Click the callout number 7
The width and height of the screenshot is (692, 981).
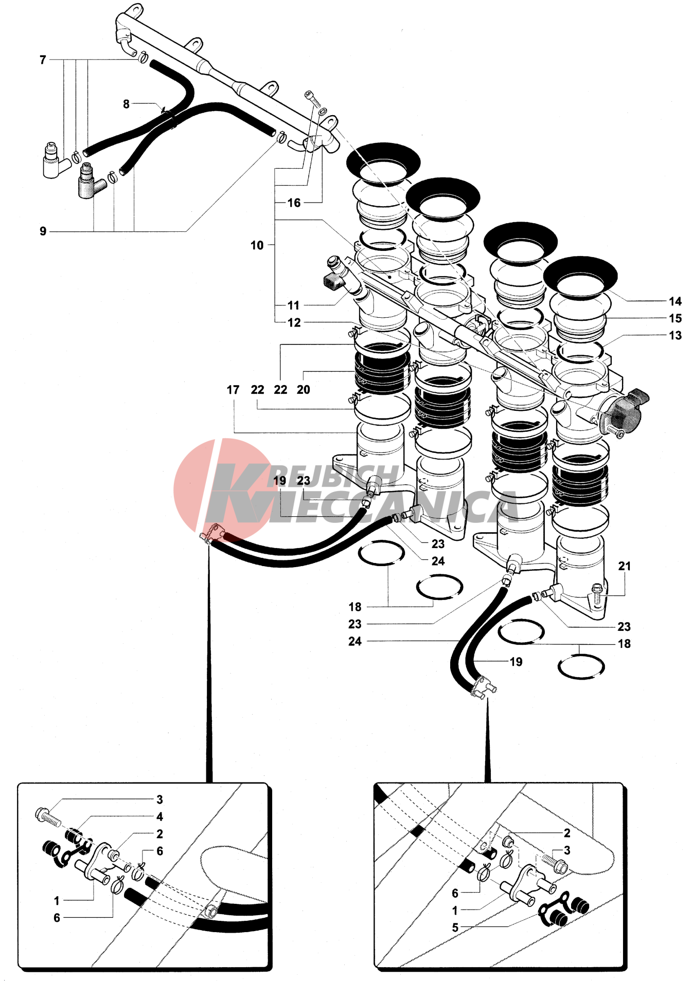(x=43, y=60)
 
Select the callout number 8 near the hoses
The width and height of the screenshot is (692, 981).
(x=126, y=104)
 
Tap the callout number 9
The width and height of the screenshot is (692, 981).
(x=43, y=231)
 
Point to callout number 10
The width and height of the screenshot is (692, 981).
(x=257, y=245)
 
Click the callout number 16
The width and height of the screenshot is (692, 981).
(x=294, y=203)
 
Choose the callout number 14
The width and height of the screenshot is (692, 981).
(x=675, y=301)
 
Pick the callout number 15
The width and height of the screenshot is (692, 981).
(x=675, y=318)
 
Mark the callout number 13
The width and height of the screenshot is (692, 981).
(x=675, y=335)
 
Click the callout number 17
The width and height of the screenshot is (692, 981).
(x=233, y=390)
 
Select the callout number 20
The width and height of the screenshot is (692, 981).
(x=303, y=390)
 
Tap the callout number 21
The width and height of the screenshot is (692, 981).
(x=624, y=566)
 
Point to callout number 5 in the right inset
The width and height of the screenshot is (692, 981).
(x=455, y=928)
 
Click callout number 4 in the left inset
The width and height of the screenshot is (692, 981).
(x=159, y=816)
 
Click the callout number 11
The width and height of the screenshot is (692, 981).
(x=293, y=305)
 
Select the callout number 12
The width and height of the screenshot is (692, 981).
(x=294, y=322)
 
